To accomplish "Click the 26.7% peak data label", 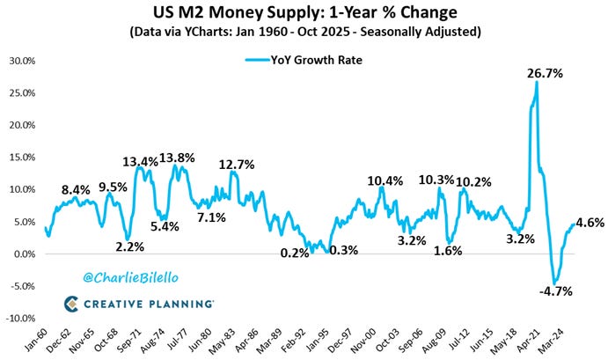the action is point(545,73).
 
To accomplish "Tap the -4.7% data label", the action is point(556,291).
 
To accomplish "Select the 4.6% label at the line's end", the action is point(590,223).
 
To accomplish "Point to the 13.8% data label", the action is point(177,158).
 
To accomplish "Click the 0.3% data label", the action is point(343,250).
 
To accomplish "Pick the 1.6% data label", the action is point(448,251).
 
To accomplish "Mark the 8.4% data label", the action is point(76,190).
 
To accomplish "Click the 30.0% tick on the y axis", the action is point(22,61).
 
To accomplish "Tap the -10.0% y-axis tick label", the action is point(20,319).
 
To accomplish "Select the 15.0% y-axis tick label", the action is point(22,158).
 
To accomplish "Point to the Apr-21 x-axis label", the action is point(529,341).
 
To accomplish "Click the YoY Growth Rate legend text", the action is point(317,60).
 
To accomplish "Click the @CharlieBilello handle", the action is point(131,278).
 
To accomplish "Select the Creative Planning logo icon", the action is point(71,304).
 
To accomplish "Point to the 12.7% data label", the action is point(237,165).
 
